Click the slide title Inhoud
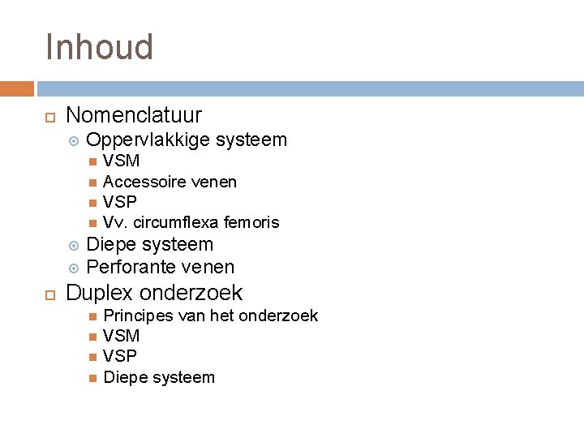[99, 47]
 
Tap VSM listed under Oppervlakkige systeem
[122, 161]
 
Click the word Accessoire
[140, 182]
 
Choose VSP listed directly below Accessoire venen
[120, 202]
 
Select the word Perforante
[130, 267]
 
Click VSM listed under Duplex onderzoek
[122, 336]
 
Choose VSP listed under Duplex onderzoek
[120, 356]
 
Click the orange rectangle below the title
[17, 88]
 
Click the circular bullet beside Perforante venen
[73, 268]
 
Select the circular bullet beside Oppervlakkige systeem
[73, 140]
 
